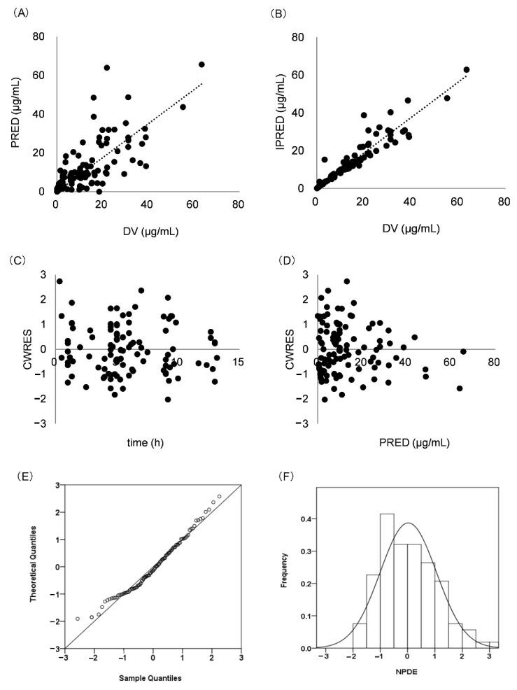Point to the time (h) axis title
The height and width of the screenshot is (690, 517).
(x=146, y=442)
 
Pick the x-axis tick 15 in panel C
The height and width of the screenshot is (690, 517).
(x=238, y=361)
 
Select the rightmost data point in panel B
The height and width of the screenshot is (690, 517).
(x=467, y=69)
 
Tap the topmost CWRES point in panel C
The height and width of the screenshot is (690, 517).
(x=59, y=281)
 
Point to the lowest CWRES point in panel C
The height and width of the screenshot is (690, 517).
(x=168, y=399)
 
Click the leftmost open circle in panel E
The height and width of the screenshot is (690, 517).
(x=78, y=619)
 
